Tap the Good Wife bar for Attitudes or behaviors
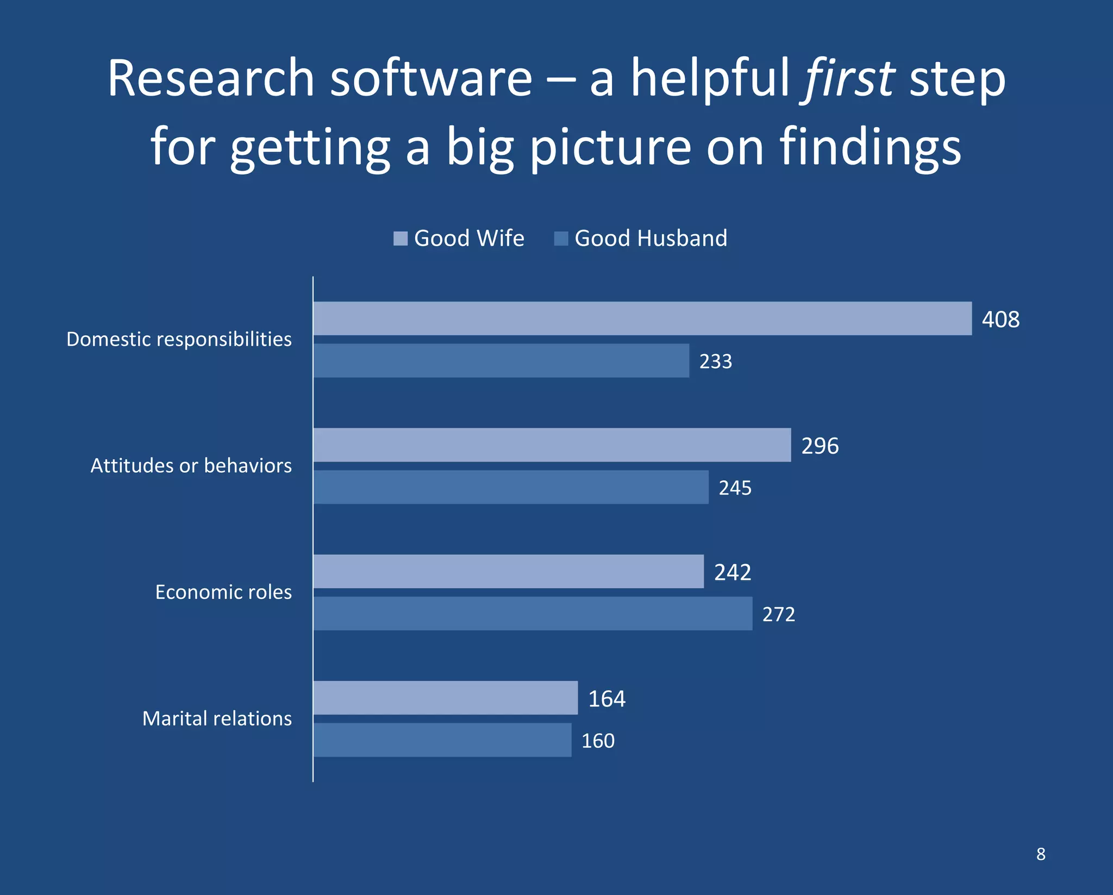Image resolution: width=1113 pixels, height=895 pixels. (552, 445)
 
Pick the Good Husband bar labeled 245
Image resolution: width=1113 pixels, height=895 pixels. (511, 487)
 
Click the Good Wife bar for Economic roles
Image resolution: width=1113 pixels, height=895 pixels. (508, 571)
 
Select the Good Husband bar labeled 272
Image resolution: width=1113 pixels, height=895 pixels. (533, 614)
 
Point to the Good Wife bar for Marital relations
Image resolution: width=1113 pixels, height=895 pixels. (445, 698)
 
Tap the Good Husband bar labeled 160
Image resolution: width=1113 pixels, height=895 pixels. (442, 740)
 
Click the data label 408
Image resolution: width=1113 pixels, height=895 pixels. (1001, 320)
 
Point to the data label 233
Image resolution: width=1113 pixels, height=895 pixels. (715, 361)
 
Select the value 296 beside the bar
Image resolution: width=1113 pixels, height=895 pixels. (820, 446)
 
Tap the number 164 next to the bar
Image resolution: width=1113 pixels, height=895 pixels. (606, 699)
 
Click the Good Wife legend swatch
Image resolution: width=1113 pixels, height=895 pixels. (401, 239)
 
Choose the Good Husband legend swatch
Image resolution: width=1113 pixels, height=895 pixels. (561, 239)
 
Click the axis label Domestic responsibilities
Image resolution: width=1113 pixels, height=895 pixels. (179, 339)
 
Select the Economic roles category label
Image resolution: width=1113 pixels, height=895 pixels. (223, 592)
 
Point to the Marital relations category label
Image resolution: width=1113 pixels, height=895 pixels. (217, 718)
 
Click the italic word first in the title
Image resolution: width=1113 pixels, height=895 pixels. (849, 78)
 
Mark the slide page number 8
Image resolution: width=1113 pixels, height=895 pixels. (1041, 854)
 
